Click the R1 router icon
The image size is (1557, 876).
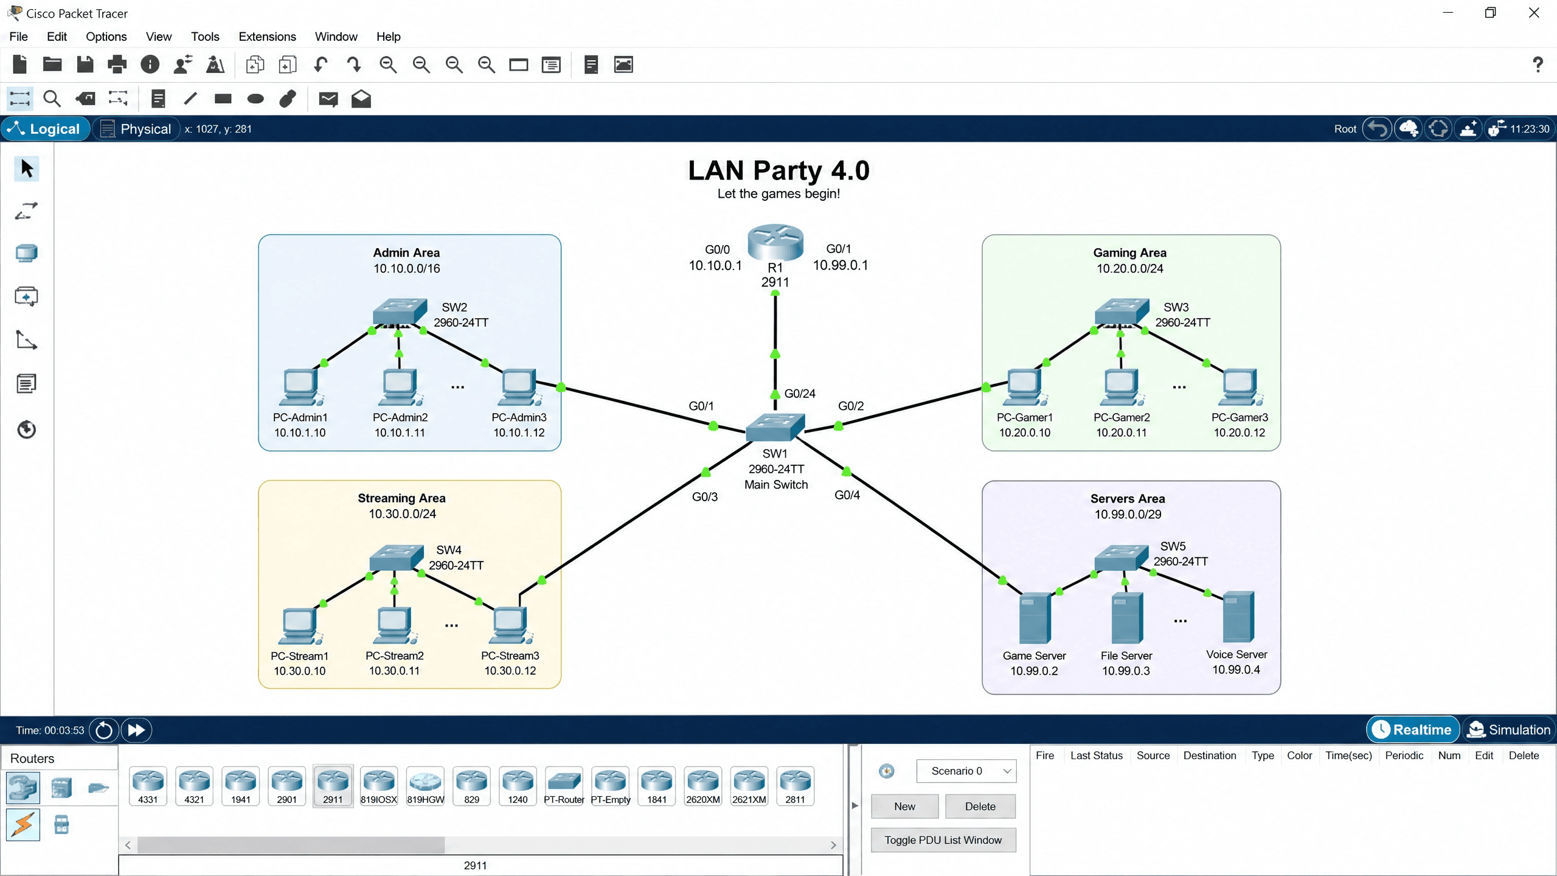[x=775, y=242]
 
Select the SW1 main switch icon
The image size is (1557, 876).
[x=775, y=427]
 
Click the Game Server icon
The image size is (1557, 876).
[x=1035, y=618]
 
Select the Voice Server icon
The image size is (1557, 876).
[x=1238, y=617]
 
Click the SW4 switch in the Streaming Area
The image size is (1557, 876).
[x=397, y=557]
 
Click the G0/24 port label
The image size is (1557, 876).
[x=800, y=394]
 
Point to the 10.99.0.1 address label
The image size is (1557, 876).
[x=841, y=265]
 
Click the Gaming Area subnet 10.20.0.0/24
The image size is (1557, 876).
[x=1130, y=268]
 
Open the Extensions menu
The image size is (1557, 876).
[x=267, y=36]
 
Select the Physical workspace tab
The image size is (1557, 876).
[x=136, y=129]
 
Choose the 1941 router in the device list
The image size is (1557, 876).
[x=240, y=786]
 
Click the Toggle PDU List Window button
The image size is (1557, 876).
[x=943, y=840]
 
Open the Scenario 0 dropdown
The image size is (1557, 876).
[x=966, y=771]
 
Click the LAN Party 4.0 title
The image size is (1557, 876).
[x=778, y=170]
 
